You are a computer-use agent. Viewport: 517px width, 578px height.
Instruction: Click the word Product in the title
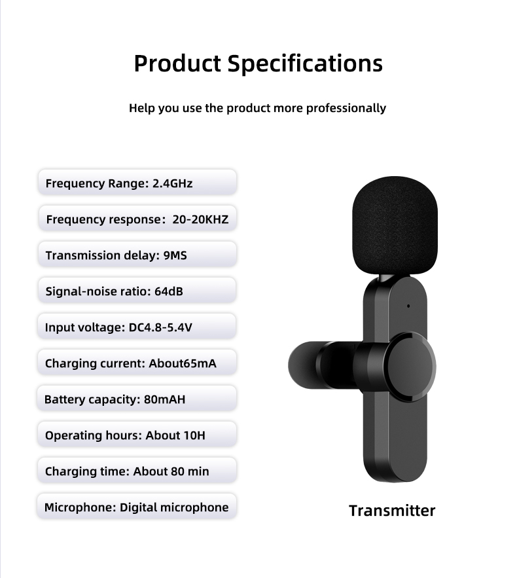(177, 63)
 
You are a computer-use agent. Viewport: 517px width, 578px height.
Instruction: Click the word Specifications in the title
(305, 63)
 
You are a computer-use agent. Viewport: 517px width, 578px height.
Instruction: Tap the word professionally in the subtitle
(346, 109)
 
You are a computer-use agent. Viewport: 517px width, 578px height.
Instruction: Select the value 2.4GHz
(173, 183)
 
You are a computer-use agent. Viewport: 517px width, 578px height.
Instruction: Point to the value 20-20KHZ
(200, 219)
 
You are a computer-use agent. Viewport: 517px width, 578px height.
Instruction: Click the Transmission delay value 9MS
(175, 255)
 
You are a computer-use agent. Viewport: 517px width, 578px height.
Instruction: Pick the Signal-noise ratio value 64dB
(168, 291)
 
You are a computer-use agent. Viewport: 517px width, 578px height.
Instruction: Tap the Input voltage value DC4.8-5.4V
(160, 327)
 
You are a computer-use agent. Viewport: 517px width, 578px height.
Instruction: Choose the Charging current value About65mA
(183, 363)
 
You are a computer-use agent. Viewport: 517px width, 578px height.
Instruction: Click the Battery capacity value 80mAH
(164, 399)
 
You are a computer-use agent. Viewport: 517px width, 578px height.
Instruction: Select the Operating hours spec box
(137, 435)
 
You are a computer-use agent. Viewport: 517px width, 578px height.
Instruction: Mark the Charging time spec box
(137, 471)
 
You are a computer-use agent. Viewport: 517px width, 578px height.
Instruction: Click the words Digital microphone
(174, 507)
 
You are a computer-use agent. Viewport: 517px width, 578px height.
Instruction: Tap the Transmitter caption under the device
(392, 511)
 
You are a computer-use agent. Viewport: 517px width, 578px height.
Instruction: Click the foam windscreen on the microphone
(395, 226)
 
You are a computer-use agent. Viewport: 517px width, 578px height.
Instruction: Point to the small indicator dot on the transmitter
(408, 306)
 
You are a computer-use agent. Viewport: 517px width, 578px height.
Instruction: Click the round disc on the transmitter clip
(410, 367)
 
